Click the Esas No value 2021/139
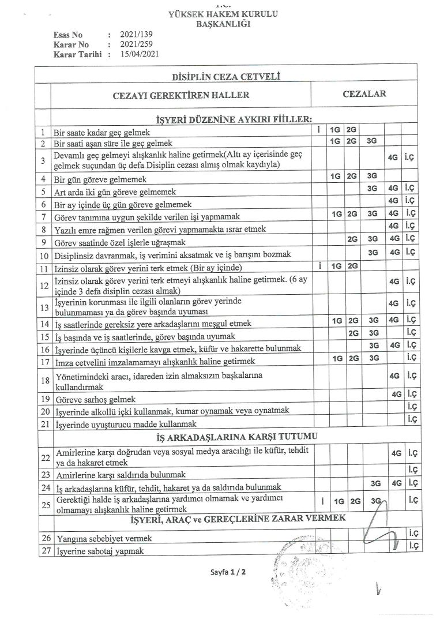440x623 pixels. (133, 35)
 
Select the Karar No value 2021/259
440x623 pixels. (133, 44)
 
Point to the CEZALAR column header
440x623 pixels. (364, 93)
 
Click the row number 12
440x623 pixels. (43, 285)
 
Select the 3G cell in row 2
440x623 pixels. (373, 140)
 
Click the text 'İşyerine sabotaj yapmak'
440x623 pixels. (99, 551)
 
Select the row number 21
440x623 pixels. (43, 425)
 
